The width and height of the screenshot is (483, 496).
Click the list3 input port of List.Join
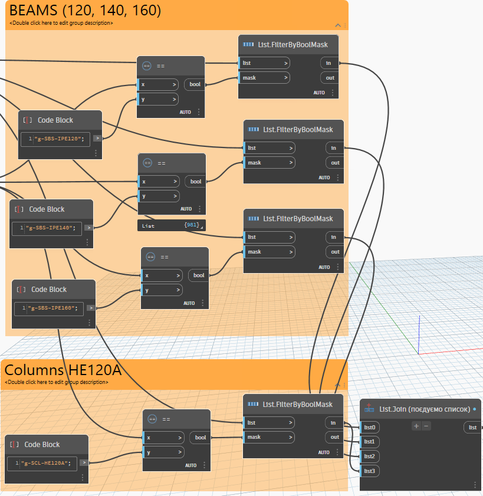click(x=370, y=471)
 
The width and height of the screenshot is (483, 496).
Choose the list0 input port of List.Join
click(x=370, y=427)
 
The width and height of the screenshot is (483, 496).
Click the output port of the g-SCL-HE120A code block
click(x=84, y=463)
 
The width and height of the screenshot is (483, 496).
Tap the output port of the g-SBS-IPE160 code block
click(x=91, y=308)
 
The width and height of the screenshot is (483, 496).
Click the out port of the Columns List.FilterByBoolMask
click(x=334, y=437)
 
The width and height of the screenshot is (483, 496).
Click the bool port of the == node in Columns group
click(x=201, y=438)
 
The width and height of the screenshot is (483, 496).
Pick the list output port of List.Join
click(x=472, y=427)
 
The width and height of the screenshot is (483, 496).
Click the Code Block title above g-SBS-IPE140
click(x=47, y=209)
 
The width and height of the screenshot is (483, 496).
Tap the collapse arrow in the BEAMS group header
click(x=338, y=25)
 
